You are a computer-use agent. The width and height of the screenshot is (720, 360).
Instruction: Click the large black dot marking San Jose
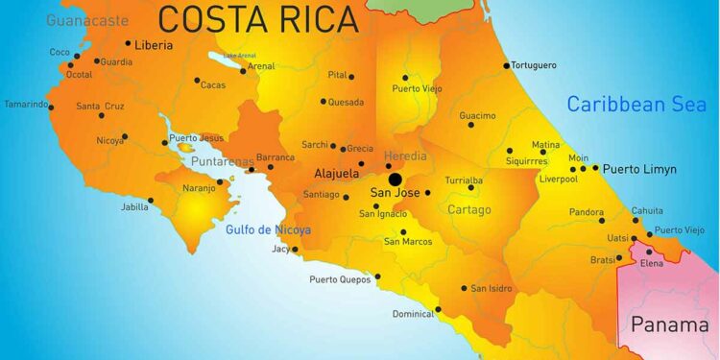[395, 180]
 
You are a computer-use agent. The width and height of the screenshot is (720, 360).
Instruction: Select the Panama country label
[669, 324]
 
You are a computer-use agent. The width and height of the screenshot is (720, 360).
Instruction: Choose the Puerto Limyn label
[639, 169]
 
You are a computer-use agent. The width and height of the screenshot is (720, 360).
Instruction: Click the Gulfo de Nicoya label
[268, 229]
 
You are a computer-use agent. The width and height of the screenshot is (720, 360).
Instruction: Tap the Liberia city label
[155, 44]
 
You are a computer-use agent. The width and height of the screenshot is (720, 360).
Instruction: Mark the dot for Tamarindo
[52, 107]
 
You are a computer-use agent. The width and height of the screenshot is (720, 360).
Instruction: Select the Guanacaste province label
[86, 19]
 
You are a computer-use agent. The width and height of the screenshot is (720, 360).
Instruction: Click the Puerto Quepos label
[340, 280]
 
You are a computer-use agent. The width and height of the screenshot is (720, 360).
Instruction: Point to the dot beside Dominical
[438, 309]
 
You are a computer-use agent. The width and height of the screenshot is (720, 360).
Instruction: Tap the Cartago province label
[468, 209]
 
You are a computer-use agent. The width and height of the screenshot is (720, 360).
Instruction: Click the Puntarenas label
[222, 161]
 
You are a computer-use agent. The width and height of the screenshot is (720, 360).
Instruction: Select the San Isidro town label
[491, 288]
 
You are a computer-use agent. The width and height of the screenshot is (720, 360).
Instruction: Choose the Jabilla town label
[134, 205]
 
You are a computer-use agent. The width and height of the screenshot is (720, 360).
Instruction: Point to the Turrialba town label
[464, 180]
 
